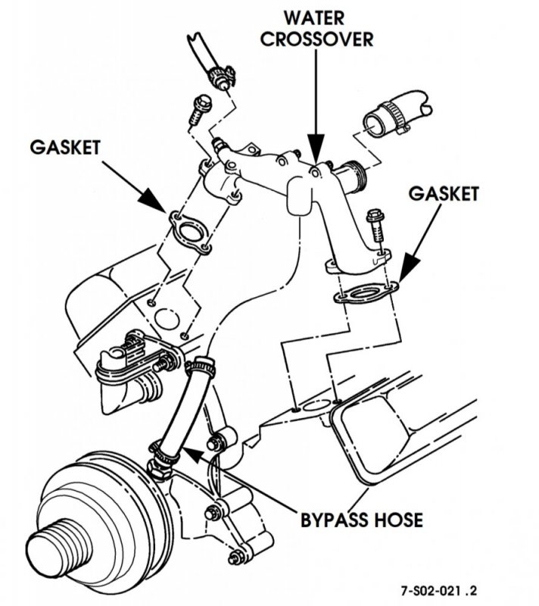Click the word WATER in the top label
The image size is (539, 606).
tap(318, 16)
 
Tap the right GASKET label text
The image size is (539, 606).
tap(444, 194)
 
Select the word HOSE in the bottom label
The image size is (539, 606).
tap(395, 520)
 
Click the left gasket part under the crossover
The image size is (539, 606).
tap(187, 231)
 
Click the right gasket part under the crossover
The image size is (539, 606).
tap(366, 292)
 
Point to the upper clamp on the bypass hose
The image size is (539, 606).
tap(198, 368)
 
